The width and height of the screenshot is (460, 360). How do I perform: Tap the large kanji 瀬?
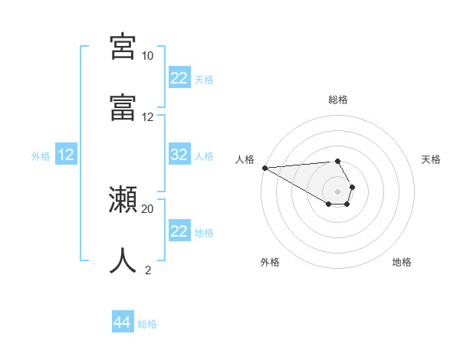point(123,200)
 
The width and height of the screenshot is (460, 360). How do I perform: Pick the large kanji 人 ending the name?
point(123,260)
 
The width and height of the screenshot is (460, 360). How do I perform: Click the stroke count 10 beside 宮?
point(147,56)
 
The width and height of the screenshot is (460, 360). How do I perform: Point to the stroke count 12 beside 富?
point(147,117)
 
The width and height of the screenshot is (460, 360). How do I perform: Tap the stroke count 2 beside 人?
point(147,270)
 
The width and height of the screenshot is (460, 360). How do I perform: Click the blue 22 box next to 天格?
point(179,78)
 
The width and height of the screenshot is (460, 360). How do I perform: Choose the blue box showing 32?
point(179,155)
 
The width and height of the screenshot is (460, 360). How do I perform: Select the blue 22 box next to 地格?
point(179,231)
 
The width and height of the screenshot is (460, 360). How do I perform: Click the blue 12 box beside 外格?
point(66,155)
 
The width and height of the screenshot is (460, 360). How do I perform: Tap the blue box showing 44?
point(122,322)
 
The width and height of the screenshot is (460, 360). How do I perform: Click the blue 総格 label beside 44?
point(147,324)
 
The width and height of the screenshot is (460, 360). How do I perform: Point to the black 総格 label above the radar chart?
point(337,100)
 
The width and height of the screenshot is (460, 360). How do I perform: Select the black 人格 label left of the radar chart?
point(245,159)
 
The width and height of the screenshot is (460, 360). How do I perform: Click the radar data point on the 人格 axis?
point(264,167)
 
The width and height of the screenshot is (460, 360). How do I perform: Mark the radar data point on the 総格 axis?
point(337,161)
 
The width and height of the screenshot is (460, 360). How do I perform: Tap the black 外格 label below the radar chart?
point(270,262)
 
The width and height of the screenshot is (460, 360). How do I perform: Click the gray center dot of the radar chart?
point(337,191)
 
